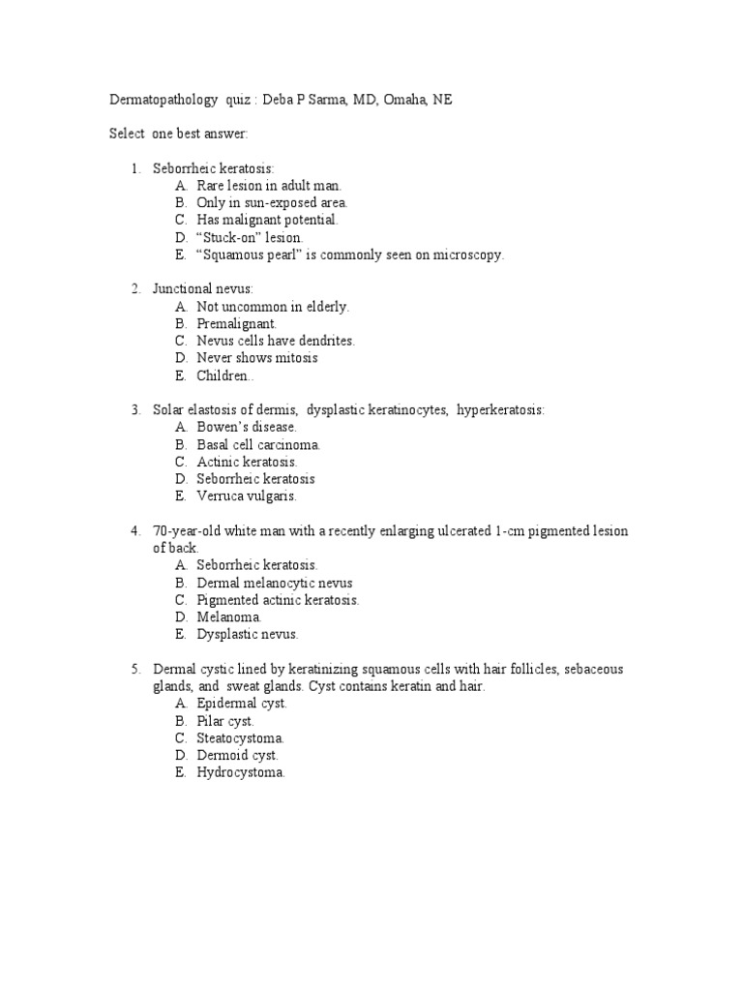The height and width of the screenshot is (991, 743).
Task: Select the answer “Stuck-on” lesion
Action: coord(250,237)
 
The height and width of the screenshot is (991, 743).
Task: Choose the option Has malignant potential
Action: coord(267,220)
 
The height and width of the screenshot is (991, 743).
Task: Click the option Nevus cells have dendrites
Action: coord(276,341)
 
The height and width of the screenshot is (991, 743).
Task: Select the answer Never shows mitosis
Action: coord(256,358)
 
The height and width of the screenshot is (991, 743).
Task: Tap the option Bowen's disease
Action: coord(247,427)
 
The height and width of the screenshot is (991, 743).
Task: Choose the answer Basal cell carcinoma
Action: coord(258,444)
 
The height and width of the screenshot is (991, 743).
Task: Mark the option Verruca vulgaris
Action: coord(247,496)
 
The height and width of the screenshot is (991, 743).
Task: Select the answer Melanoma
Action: coord(229,616)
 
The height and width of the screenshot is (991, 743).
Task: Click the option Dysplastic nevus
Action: coord(248,634)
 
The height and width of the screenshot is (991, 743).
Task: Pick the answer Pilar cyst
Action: coord(225,721)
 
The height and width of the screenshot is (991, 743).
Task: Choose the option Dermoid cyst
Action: coord(237,755)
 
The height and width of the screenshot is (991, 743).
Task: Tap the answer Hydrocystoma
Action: coord(241,772)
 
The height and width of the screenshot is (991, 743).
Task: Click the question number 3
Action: coord(136,410)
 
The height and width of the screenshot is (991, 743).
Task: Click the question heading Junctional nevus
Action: coord(202,288)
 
